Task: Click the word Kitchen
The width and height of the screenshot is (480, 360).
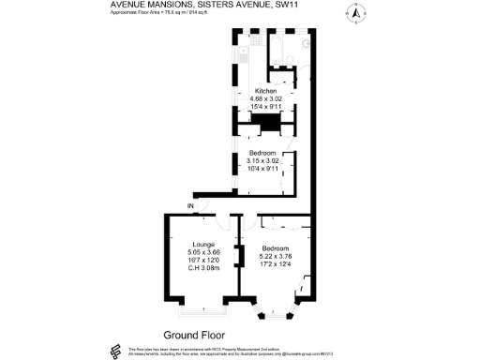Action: (x=266, y=91)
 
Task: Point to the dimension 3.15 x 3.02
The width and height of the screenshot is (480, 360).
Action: (x=262, y=160)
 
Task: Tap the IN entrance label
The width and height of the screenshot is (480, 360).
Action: (x=190, y=205)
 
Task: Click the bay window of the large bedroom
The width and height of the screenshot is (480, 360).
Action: (x=277, y=312)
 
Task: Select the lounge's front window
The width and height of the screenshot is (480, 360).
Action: (x=201, y=307)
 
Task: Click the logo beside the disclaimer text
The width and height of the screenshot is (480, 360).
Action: (x=116, y=351)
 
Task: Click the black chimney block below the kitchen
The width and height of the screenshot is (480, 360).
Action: (x=270, y=122)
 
